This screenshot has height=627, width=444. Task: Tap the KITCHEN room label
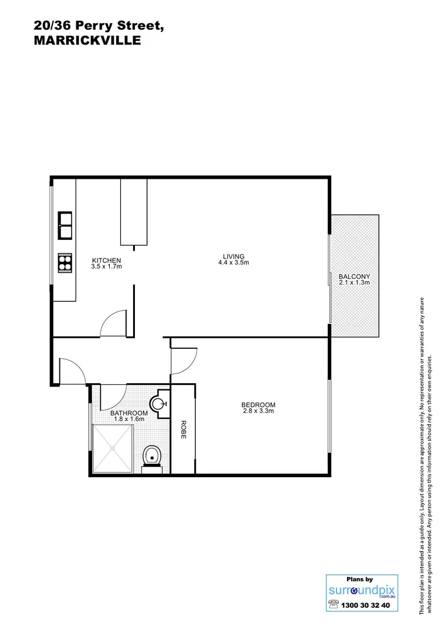[x=106, y=261]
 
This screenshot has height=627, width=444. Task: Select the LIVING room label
[x=234, y=256]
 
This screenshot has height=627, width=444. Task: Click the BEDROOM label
[x=258, y=405]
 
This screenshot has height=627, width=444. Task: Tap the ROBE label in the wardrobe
[x=182, y=429]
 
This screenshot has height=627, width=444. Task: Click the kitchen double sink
[x=65, y=225]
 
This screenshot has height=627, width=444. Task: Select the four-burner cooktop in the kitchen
[x=65, y=263]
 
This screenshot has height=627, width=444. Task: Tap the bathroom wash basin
[x=159, y=402]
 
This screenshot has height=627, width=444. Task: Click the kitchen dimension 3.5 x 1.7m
[x=106, y=267]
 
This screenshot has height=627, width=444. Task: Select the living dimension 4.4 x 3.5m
[x=234, y=262]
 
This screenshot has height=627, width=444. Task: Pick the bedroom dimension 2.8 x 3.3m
[x=258, y=411]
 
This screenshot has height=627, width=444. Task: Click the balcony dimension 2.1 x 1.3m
[x=354, y=283]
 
